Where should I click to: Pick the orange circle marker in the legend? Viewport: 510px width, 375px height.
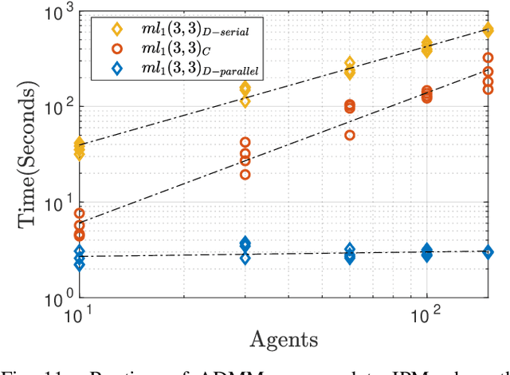click(x=118, y=49)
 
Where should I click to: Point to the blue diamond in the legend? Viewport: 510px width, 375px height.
click(x=118, y=70)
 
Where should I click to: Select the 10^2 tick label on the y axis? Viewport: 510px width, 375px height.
click(x=54, y=107)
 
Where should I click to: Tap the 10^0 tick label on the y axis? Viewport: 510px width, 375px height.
click(x=54, y=300)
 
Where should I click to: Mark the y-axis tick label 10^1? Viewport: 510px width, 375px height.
click(x=54, y=203)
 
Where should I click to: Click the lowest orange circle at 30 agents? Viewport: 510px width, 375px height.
click(x=245, y=175)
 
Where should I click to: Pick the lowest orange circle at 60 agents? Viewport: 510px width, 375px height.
click(x=350, y=136)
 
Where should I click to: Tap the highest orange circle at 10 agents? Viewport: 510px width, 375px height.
click(x=79, y=213)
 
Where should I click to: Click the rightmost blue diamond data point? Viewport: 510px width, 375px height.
click(x=488, y=252)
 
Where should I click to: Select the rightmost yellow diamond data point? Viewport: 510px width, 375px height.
click(x=488, y=30)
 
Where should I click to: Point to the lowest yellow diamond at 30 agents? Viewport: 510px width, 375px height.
click(x=245, y=101)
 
